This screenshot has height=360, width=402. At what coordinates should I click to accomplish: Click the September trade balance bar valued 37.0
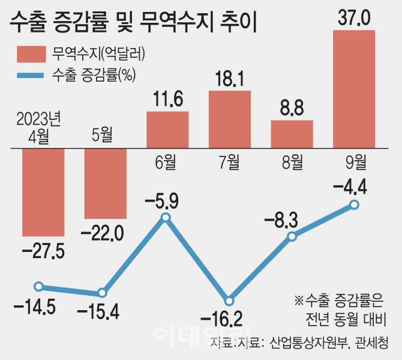(354, 89)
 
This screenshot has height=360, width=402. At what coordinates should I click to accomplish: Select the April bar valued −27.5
(43, 192)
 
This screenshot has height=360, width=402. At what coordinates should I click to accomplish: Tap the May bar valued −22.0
(106, 184)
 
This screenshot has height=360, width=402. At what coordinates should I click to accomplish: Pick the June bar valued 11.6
(167, 130)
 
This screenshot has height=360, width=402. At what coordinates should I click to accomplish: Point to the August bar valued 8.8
(292, 134)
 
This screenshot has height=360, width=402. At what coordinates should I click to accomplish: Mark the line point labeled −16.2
(228, 301)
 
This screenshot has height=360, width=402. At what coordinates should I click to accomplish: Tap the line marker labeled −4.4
(354, 205)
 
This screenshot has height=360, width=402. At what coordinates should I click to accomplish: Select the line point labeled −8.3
(292, 236)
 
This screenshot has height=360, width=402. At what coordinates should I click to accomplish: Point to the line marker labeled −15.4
(102, 293)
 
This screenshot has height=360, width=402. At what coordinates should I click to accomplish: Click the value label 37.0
(354, 17)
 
